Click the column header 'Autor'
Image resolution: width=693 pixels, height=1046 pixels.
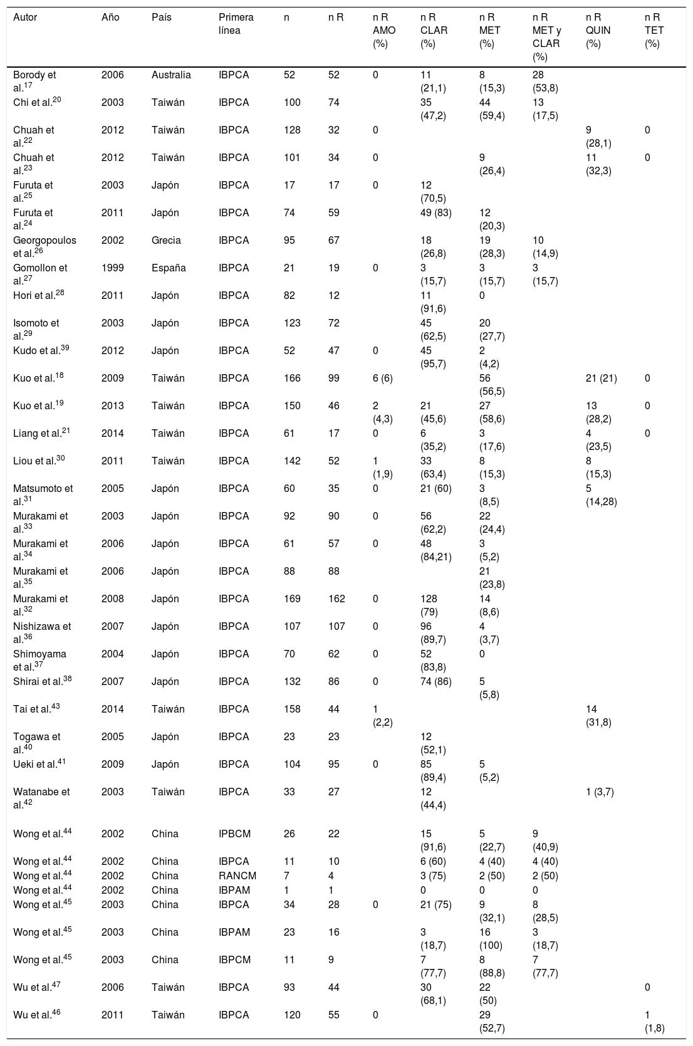pyautogui.click(x=25, y=18)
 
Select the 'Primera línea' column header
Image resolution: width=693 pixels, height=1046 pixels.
pyautogui.click(x=236, y=24)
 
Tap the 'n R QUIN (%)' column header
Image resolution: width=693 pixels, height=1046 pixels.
pyautogui.click(x=598, y=30)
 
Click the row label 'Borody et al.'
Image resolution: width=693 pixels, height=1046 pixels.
pyautogui.click(x=34, y=81)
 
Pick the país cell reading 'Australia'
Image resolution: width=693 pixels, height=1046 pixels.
pyautogui.click(x=171, y=75)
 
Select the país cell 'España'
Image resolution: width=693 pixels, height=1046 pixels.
pyautogui.click(x=169, y=268)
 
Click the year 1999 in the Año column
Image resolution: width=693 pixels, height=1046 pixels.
pyautogui.click(x=113, y=268)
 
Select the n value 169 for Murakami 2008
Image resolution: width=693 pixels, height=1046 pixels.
pyautogui.click(x=292, y=599)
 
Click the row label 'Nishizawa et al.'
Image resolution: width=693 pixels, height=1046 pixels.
pyautogui.click(x=42, y=632)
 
